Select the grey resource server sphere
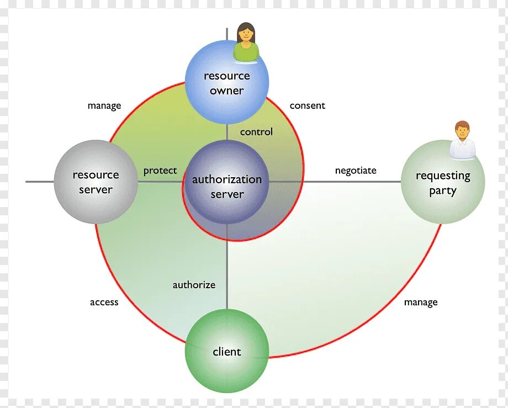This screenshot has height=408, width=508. tap(96, 182)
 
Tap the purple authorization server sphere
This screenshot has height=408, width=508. tap(226, 187)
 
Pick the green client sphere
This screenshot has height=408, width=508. tap(226, 351)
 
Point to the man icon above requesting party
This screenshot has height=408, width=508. tap(462, 141)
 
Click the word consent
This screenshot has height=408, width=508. tap(308, 105)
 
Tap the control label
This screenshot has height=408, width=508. tap(256, 132)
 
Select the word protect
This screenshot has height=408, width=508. tap(160, 171)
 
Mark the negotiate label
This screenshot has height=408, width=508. tap(356, 171)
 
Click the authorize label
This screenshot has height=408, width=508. tap(194, 285)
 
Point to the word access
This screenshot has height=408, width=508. tap(104, 302)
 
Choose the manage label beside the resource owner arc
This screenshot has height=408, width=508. tap(104, 105)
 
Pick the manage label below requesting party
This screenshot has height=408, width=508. tap(421, 302)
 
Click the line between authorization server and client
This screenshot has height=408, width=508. tap(227, 265)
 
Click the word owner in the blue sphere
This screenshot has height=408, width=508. tap(226, 91)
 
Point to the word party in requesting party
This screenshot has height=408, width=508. tap(443, 191)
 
